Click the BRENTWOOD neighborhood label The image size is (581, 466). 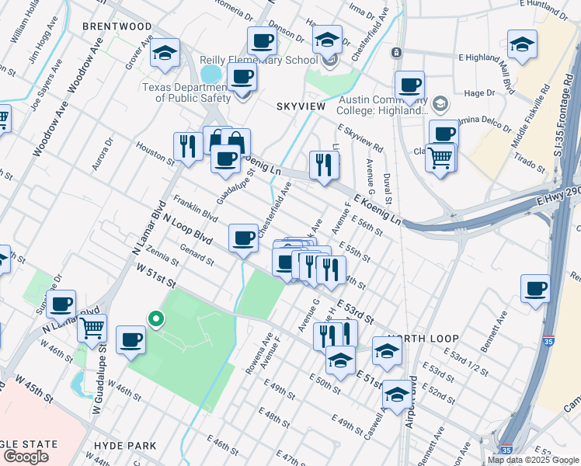click(117, 26)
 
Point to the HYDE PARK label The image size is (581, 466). click(124, 446)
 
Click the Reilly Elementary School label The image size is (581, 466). click(247, 61)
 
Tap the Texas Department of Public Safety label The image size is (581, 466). click(186, 92)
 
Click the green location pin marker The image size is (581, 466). click(155, 318)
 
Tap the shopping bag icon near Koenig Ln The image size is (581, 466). click(235, 142)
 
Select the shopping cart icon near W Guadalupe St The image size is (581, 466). click(92, 328)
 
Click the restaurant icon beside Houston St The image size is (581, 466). click(188, 145)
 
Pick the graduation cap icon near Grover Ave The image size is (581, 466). click(165, 53)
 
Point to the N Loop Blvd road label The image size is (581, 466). click(188, 227)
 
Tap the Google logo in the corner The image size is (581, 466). click(26, 457)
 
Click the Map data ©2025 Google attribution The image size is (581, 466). click(532, 460)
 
